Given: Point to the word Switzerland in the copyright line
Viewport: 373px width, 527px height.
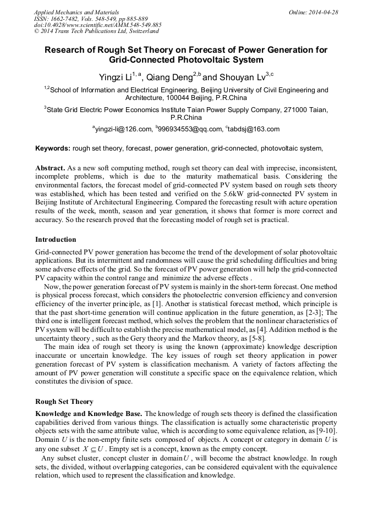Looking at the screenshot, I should (138, 31).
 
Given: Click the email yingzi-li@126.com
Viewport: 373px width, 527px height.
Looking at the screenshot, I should (123, 129).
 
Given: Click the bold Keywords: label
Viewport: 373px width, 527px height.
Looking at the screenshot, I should (53, 148).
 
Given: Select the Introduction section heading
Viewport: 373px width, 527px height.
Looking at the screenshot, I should (56, 240).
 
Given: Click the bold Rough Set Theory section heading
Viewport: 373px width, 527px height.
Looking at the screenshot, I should (64, 402).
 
